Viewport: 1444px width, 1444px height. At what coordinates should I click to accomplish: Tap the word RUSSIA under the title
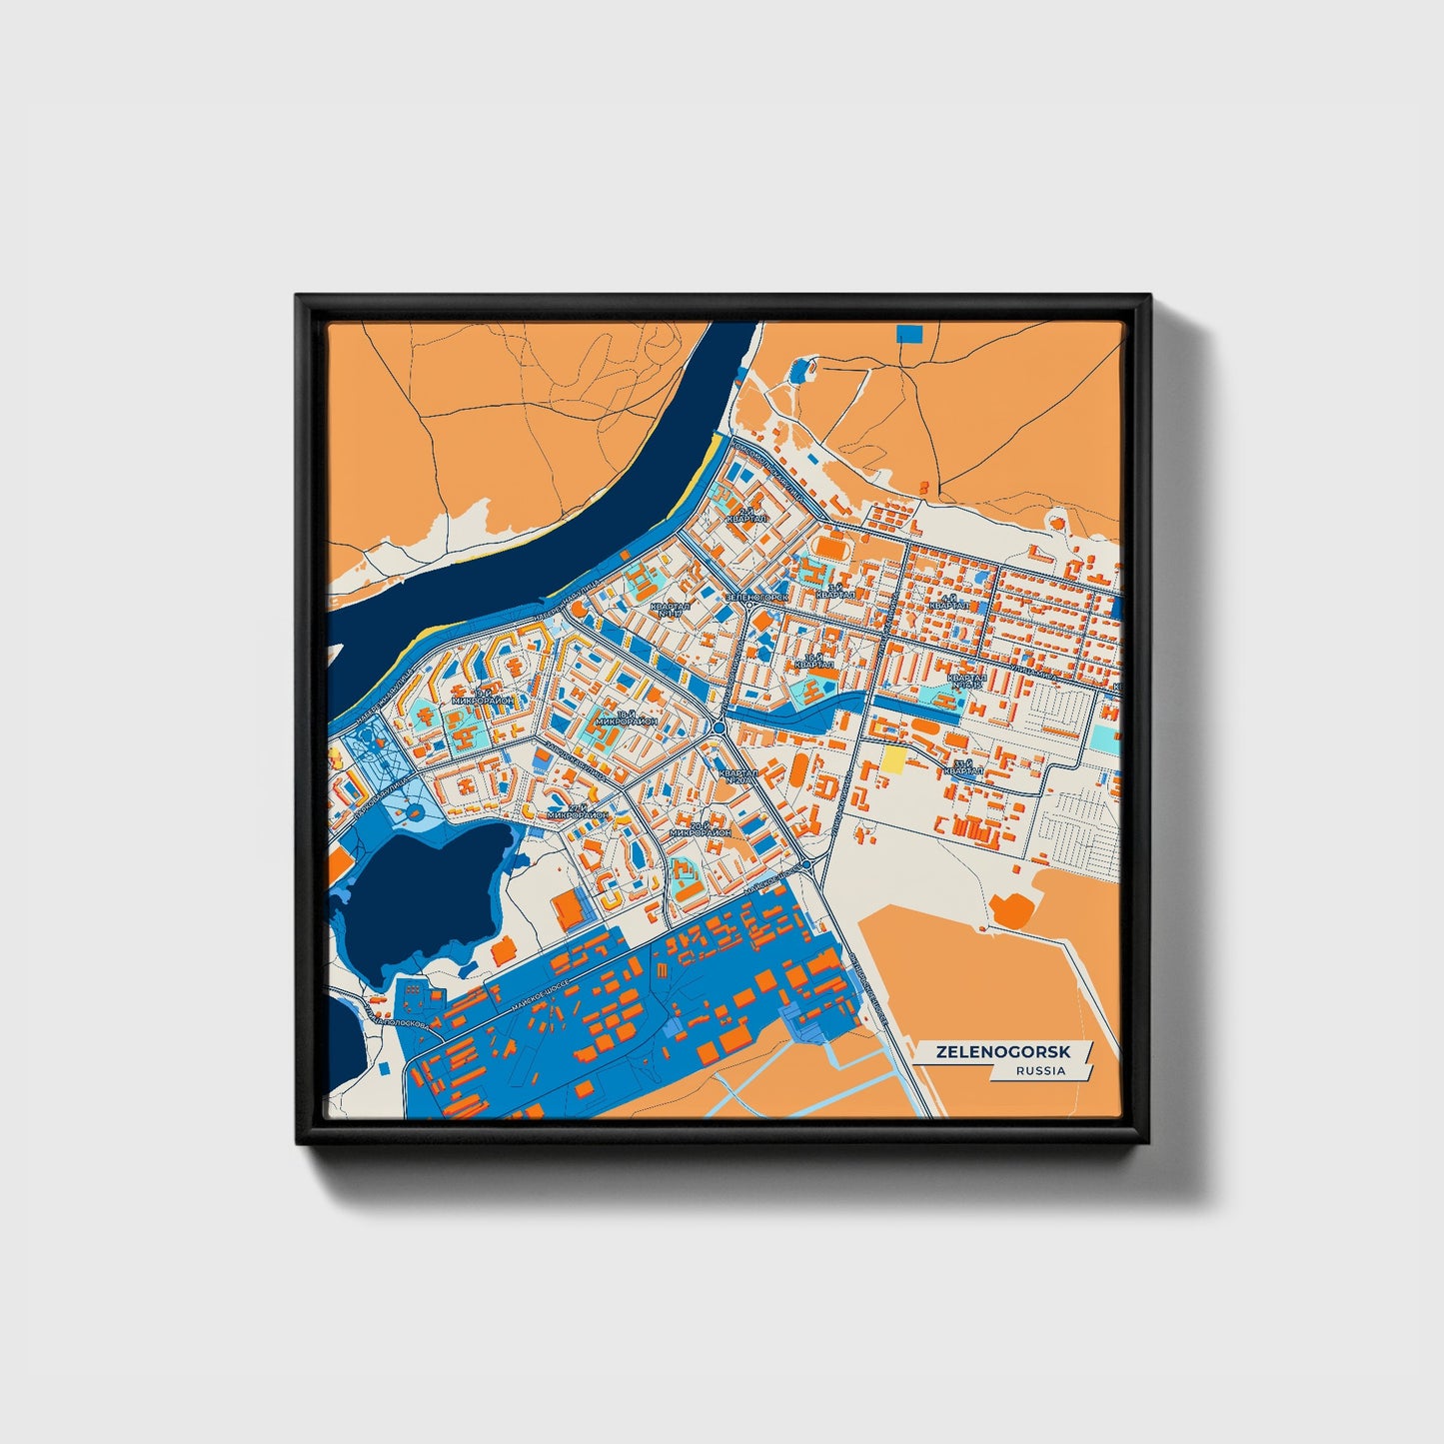(x=1040, y=1070)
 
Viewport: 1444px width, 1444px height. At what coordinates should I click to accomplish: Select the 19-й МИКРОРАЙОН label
(x=483, y=697)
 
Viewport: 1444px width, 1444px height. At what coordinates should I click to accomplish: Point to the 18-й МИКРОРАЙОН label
(x=626, y=718)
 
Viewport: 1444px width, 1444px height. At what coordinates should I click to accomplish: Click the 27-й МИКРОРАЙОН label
(x=577, y=811)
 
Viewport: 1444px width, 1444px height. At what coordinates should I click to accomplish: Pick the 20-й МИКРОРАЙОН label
(x=700, y=828)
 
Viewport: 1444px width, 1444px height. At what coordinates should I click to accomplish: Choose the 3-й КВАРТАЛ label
(x=834, y=592)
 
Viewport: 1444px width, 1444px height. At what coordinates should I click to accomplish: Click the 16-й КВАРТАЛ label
(x=813, y=661)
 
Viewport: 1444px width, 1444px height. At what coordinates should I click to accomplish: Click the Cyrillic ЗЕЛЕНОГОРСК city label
(x=756, y=597)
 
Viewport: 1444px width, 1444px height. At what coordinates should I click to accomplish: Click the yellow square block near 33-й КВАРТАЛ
(x=891, y=758)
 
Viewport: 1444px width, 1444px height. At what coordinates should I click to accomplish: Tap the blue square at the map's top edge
(x=909, y=333)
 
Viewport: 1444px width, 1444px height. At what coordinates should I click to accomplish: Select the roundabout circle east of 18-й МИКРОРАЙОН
(x=719, y=728)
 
